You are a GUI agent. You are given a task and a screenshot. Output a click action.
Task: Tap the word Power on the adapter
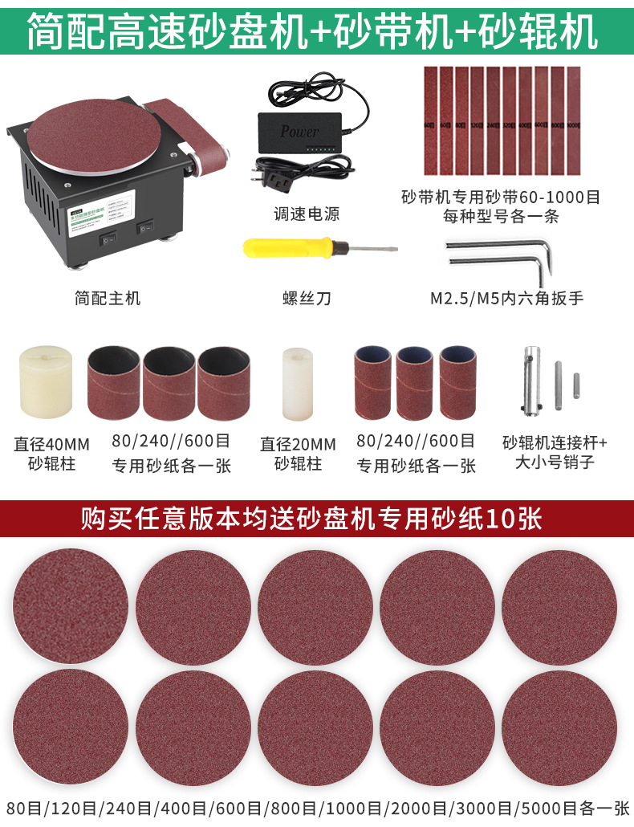[299, 131]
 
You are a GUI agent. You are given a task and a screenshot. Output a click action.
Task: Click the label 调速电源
[306, 214]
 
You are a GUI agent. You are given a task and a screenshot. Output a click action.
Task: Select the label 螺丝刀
[306, 299]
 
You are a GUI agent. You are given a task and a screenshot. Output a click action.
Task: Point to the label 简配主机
[108, 299]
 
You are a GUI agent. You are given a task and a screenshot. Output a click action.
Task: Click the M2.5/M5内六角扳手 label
[506, 299]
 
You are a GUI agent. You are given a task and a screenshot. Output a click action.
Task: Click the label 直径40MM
[51, 444]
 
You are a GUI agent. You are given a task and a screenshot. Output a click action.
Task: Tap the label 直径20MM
[298, 444]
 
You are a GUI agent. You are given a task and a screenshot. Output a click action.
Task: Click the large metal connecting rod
[530, 377]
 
